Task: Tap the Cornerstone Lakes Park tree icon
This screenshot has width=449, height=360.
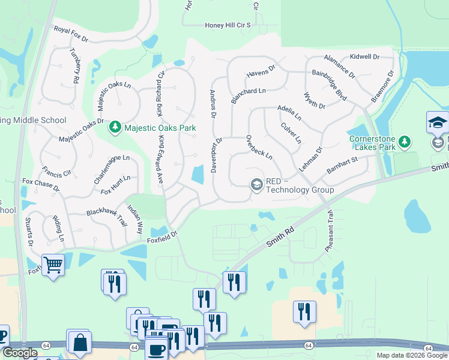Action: coord(406,142)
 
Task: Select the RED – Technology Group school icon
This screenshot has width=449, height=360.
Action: coord(257,184)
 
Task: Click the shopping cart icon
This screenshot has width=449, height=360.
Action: coord(53,264)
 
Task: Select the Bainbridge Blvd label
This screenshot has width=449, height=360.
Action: coord(329,85)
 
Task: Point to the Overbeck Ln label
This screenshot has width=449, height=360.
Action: coord(259,147)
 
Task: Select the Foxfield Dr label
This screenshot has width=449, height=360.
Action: coord(163,236)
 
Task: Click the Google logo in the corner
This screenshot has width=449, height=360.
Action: coord(19,353)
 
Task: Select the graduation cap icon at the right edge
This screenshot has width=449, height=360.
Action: coord(438,123)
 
